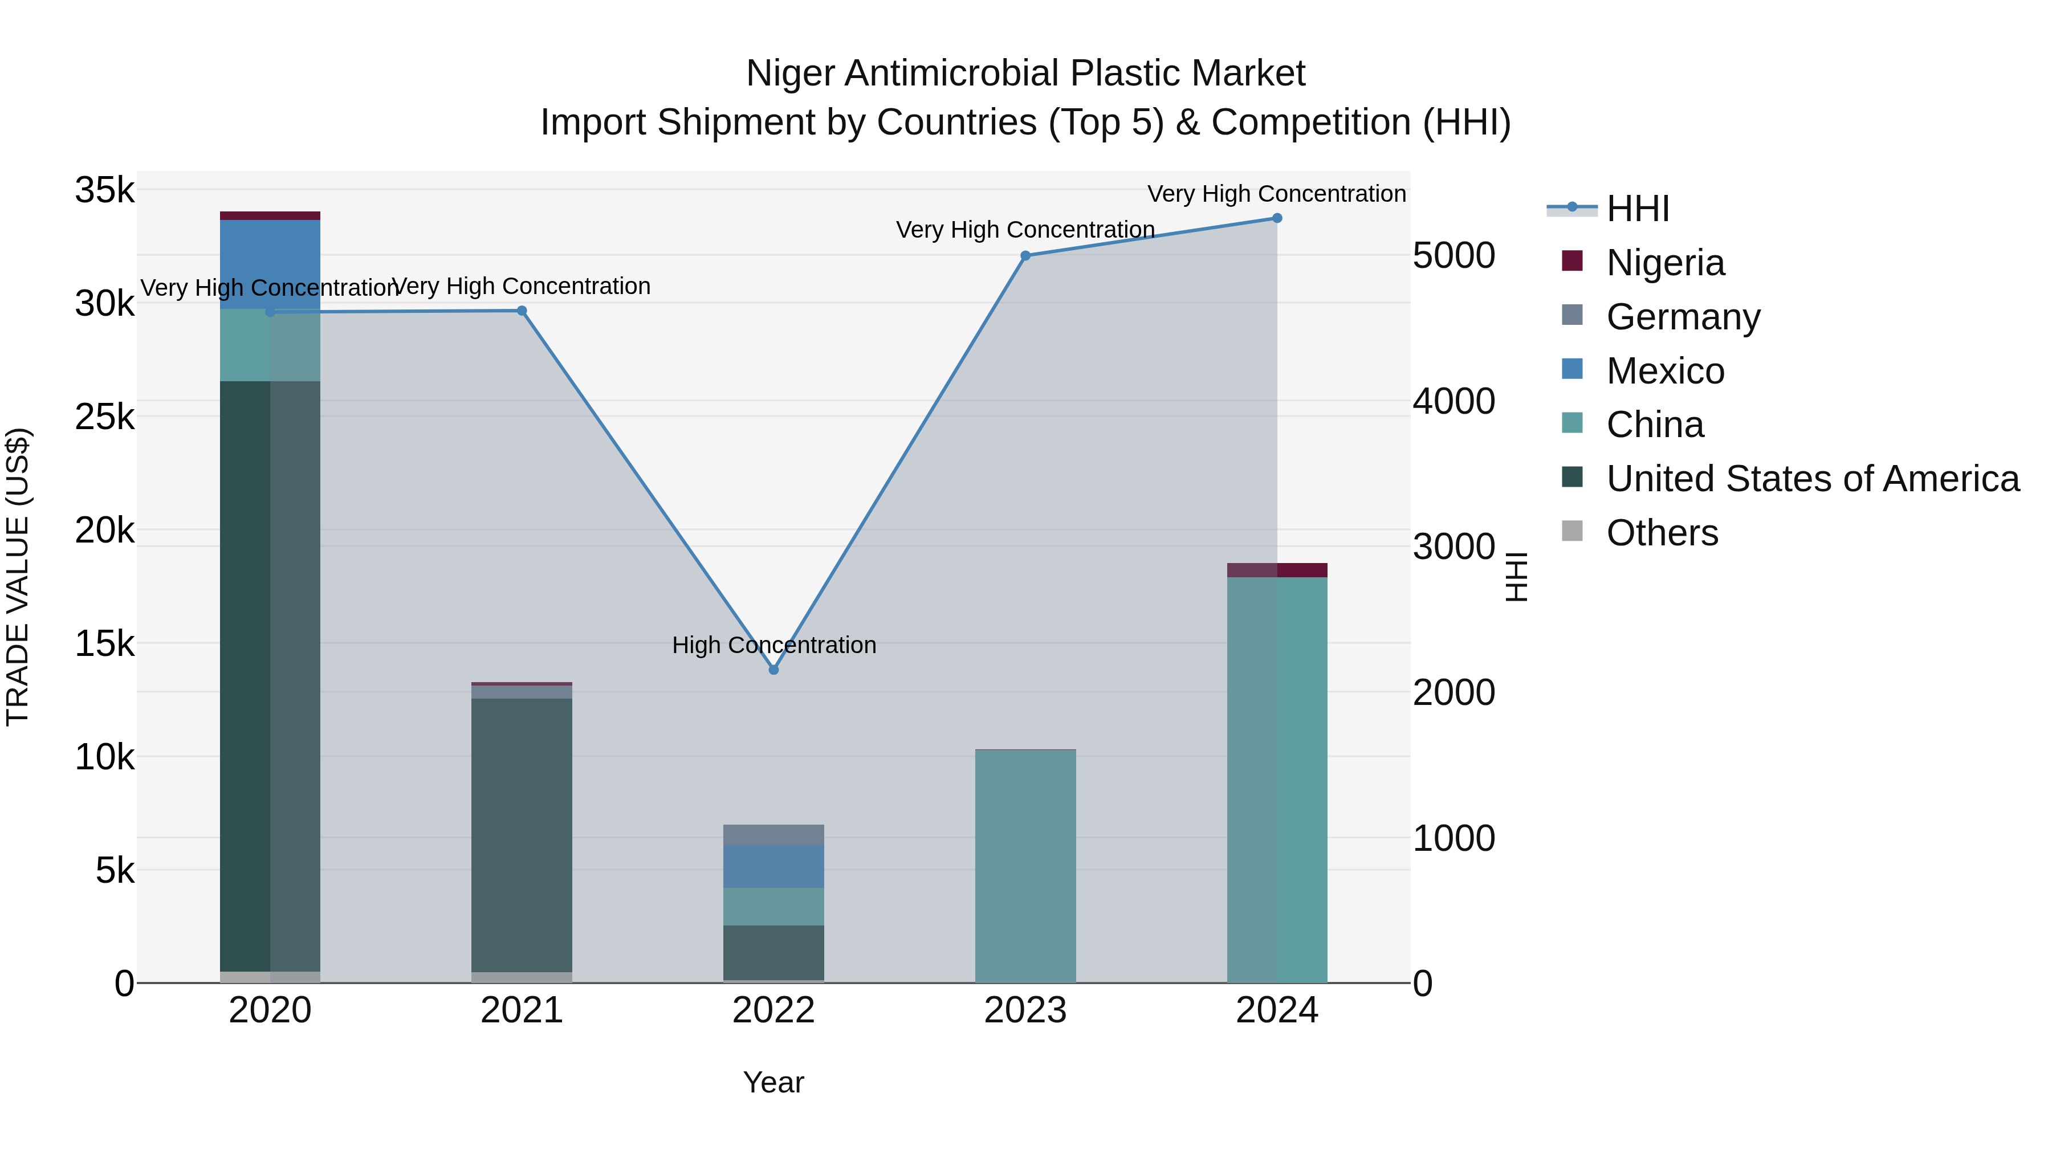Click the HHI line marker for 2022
[x=773, y=670]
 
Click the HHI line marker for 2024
[x=1277, y=218]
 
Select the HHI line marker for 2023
[x=1025, y=256]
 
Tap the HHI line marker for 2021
[x=522, y=311]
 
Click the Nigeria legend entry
[x=1665, y=263]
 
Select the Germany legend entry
[x=1683, y=317]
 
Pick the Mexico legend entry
[x=1665, y=371]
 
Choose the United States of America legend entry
[x=1812, y=479]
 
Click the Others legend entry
[x=1662, y=533]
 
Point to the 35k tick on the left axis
[x=104, y=191]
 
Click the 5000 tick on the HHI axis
[x=1453, y=256]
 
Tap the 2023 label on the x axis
[x=1025, y=1010]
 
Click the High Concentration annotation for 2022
[x=773, y=645]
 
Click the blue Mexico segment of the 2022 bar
[x=773, y=866]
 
